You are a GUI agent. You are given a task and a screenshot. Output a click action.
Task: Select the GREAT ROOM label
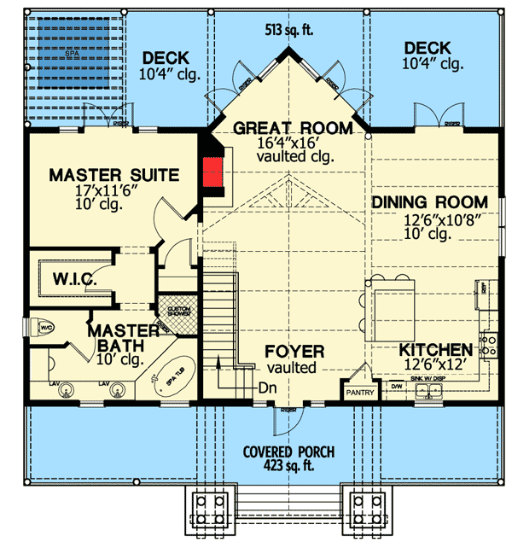click(292, 129)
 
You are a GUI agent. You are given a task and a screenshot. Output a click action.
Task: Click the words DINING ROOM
click(430, 202)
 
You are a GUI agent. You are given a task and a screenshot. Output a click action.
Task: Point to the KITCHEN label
click(436, 350)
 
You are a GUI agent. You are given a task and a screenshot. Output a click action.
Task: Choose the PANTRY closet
click(357, 393)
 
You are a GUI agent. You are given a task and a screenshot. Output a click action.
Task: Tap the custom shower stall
click(177, 312)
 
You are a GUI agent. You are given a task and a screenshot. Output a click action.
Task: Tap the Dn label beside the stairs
click(267, 385)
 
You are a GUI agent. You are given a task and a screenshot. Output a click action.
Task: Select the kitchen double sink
click(428, 392)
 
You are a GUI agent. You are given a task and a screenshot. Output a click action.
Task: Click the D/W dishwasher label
click(396, 386)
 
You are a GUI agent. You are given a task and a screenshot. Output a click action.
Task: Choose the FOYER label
click(294, 351)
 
